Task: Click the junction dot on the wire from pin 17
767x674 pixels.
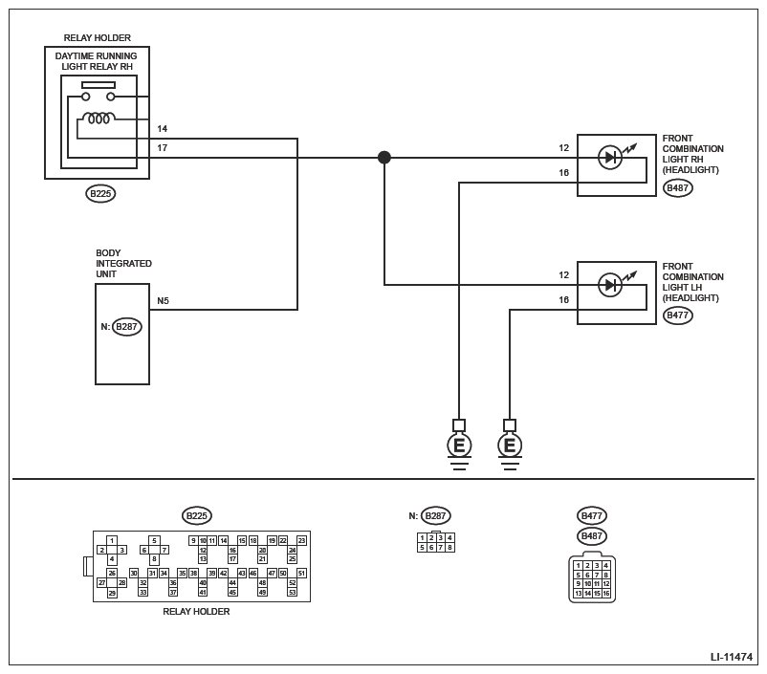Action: pos(384,157)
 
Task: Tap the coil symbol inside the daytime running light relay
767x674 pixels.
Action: pos(98,119)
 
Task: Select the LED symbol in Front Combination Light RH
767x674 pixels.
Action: pos(610,158)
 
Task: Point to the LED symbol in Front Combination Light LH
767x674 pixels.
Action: pos(610,285)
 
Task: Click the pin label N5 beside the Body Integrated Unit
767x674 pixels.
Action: pos(164,301)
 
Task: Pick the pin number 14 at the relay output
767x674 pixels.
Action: pos(163,129)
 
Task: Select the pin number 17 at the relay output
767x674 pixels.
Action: pos(163,148)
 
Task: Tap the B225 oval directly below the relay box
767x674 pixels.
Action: pos(99,194)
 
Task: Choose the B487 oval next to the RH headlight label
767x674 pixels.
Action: pos(677,188)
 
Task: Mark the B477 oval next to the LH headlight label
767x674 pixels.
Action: pos(677,315)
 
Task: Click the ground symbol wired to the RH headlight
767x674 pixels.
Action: pos(459,445)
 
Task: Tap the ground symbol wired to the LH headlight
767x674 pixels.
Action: pos(510,445)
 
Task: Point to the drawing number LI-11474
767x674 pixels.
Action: pos(731,657)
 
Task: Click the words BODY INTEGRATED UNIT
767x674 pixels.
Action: pos(123,264)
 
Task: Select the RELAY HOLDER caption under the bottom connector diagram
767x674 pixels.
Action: pos(196,612)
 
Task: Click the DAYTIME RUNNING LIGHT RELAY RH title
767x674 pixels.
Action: pos(96,61)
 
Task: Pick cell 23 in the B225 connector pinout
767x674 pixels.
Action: pos(302,541)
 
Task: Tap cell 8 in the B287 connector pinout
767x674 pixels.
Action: pos(449,548)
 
